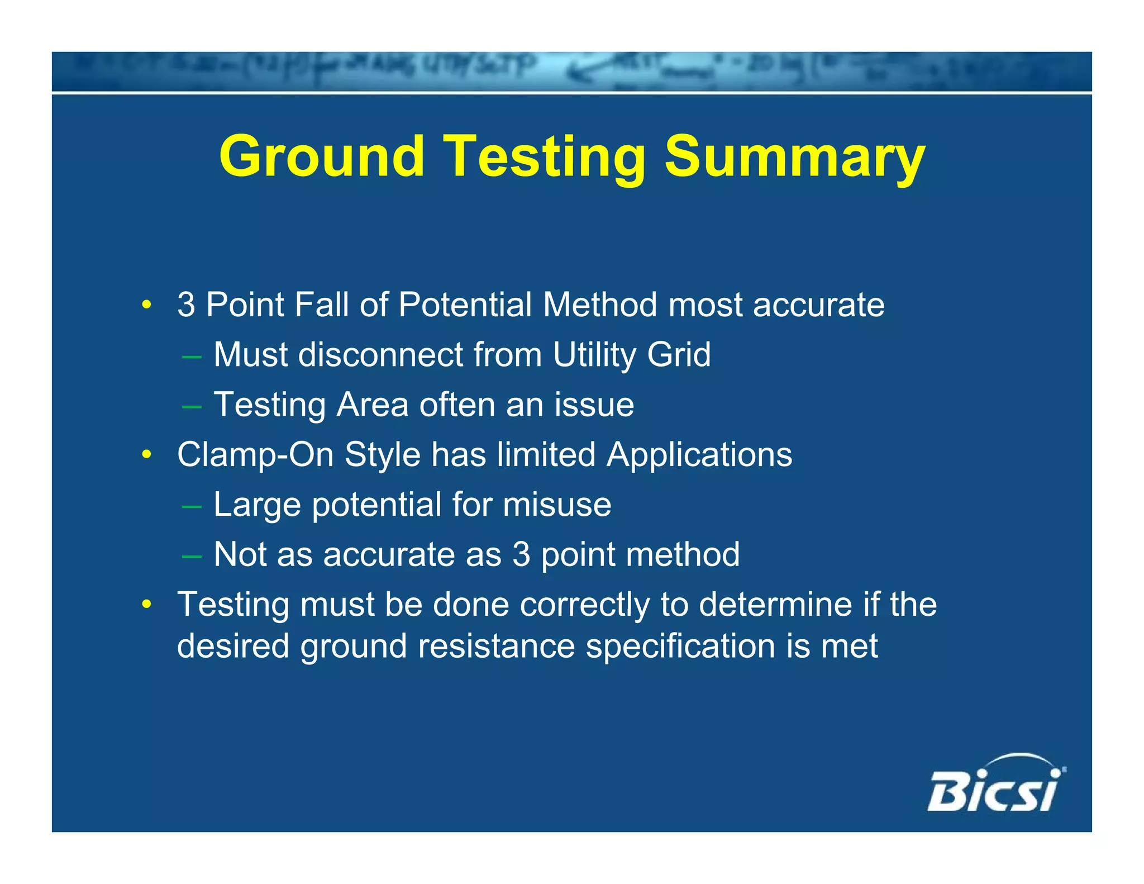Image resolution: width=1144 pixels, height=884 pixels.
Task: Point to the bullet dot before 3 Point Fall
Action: (146, 305)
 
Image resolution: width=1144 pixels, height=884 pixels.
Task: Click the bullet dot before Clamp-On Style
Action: (146, 454)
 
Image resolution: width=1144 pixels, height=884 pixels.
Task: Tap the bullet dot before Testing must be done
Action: (146, 604)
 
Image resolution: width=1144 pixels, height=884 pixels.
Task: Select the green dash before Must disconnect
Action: (192, 356)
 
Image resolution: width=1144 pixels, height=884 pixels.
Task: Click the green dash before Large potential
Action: (192, 506)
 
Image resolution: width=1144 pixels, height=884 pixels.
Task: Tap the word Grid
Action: (679, 354)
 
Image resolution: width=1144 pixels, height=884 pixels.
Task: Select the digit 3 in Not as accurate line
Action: (521, 554)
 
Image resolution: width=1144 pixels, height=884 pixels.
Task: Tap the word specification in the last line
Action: (680, 647)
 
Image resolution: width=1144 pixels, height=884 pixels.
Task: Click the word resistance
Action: (496, 647)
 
